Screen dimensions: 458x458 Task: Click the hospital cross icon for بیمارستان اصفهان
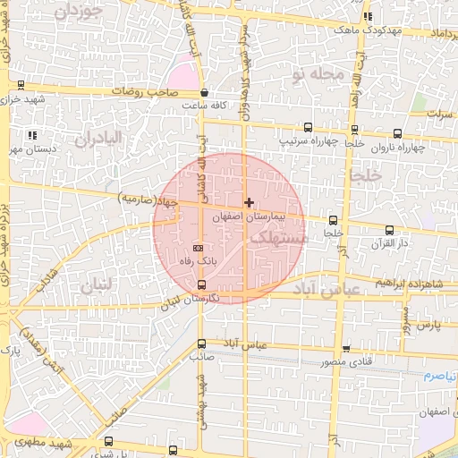click(249, 203)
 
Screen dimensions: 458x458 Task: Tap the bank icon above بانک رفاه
click(199, 248)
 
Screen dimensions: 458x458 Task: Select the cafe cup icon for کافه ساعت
click(205, 93)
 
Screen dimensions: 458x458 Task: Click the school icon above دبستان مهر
click(33, 135)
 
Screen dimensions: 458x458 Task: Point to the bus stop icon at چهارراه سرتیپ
click(309, 127)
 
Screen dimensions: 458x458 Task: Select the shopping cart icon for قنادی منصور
click(346, 350)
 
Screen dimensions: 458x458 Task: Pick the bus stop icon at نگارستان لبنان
click(200, 284)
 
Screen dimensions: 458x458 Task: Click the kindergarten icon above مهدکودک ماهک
click(368, 17)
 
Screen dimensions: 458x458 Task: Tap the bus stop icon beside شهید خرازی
click(21, 85)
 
